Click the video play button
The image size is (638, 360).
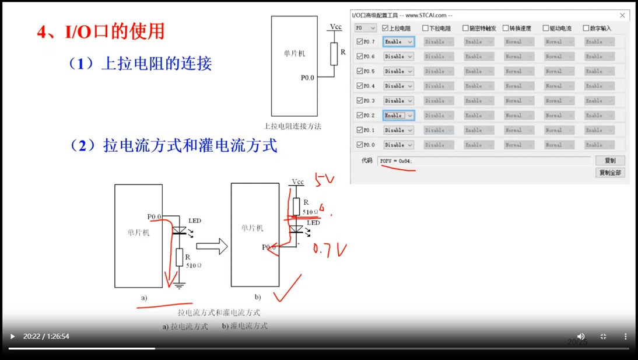[12, 337]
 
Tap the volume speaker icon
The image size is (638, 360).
[581, 337]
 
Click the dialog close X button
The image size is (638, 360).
[622, 15]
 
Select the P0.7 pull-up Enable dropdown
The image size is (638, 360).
[398, 42]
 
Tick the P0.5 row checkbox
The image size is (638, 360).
[360, 71]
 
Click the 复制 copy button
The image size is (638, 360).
[610, 160]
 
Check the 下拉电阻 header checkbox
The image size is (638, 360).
[425, 28]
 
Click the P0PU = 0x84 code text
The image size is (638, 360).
[397, 160]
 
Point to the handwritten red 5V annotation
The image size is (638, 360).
[324, 179]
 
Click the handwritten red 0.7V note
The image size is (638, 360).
[329, 250]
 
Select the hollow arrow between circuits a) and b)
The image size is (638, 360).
[211, 246]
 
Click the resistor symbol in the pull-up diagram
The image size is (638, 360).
[334, 54]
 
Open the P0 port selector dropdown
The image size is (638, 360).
[366, 28]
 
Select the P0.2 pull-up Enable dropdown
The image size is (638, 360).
[398, 116]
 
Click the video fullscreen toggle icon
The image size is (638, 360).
[603, 337]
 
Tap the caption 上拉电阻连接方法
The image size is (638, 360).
[293, 126]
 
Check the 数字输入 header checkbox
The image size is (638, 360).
[586, 28]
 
